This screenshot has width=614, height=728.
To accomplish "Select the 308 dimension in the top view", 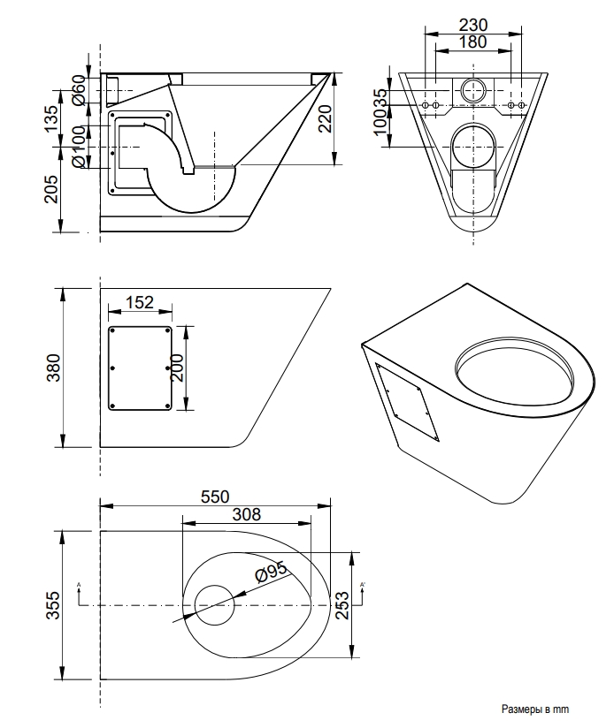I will click(x=247, y=513).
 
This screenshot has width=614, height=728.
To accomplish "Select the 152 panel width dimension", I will click(x=140, y=302).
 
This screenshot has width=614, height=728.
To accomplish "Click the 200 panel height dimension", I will click(x=177, y=368).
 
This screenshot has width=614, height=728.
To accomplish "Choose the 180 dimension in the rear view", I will click(x=470, y=42).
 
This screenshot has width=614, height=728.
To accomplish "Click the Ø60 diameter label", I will click(x=78, y=90).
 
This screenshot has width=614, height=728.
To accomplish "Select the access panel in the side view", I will click(x=140, y=368).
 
